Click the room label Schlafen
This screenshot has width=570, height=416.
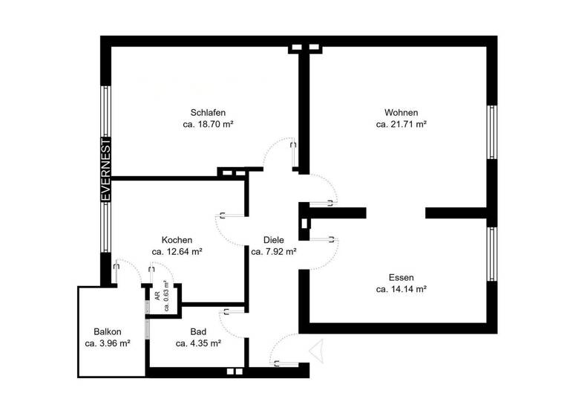[208, 112]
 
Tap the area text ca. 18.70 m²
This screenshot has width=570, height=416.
[208, 125]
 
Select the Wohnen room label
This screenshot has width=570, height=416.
[401, 112]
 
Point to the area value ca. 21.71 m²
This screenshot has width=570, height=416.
[401, 125]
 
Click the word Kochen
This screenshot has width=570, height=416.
[177, 240]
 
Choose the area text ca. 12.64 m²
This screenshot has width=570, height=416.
[177, 252]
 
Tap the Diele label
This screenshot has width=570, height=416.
[274, 240]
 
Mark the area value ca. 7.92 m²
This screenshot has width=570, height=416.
[274, 252]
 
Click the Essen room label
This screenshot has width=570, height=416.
[401, 276]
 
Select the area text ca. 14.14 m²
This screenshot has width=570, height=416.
[401, 289]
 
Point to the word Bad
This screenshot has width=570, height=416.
[198, 331]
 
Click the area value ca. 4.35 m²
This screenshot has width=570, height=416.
[198, 343]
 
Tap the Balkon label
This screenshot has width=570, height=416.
[108, 331]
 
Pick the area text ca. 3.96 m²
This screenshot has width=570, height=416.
[108, 343]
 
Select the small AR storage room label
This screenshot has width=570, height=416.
[157, 295]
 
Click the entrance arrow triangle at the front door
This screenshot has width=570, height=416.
[318, 350]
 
